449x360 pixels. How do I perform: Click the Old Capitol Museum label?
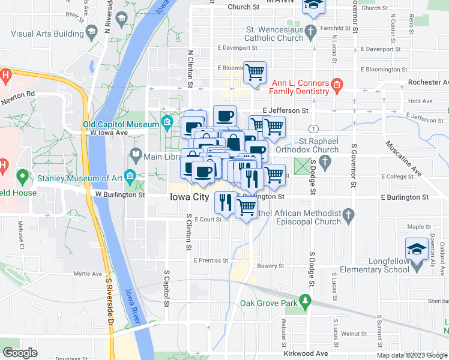coord(120,125)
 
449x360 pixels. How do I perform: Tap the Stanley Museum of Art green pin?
coord(23,177)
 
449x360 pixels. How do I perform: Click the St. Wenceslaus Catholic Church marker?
coord(310,30)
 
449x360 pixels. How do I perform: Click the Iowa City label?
coord(189,197)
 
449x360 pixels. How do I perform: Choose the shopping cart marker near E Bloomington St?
coord(255,72)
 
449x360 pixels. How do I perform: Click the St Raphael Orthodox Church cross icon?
coord(325,161)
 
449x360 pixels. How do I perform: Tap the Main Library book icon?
coord(136,155)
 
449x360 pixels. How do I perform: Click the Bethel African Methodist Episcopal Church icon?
coord(349,214)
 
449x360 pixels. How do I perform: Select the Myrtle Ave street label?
coord(87,274)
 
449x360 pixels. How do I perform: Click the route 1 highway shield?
coord(313,129)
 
